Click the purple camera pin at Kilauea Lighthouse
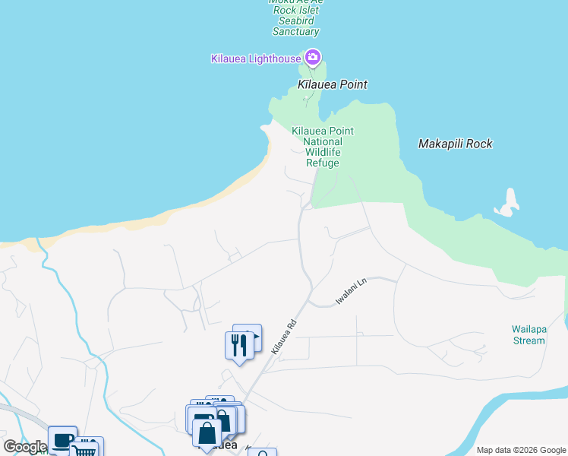pyautogui.click(x=313, y=57)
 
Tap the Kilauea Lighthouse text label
pyautogui.click(x=256, y=59)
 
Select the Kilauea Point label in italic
pyautogui.click(x=333, y=84)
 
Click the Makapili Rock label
pyautogui.click(x=456, y=144)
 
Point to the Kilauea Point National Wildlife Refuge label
pyautogui.click(x=323, y=147)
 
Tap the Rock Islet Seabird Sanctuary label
pyautogui.click(x=296, y=21)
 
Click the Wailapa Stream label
pyautogui.click(x=529, y=335)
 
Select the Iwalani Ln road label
pyautogui.click(x=352, y=291)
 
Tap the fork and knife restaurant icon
pyautogui.click(x=239, y=345)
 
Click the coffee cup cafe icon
pyautogui.click(x=62, y=440)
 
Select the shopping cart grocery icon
pyautogui.click(x=87, y=448)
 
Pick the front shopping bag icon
pyautogui.click(x=207, y=434)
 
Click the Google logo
pyautogui.click(x=25, y=447)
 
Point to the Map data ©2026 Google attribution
pyautogui.click(x=521, y=450)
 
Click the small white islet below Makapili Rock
pyautogui.click(x=507, y=204)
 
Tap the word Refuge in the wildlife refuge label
pyautogui.click(x=323, y=163)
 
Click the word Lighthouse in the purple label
pyautogui.click(x=276, y=59)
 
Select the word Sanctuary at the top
pyautogui.click(x=296, y=32)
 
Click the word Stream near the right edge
pyautogui.click(x=529, y=340)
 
